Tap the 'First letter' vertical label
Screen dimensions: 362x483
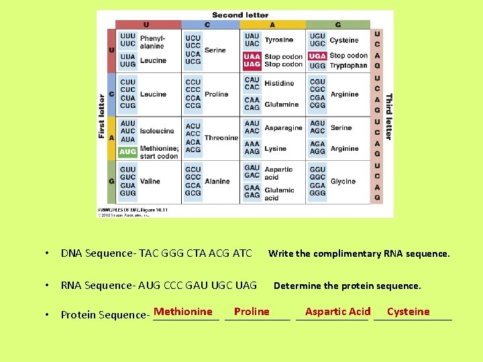tap(102, 116)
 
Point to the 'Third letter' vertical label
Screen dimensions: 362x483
tap(388, 116)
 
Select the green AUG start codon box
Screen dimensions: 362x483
tap(127, 152)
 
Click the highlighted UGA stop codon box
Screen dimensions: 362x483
tap(317, 56)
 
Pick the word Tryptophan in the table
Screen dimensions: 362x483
tap(348, 66)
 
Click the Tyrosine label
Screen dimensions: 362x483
tap(278, 40)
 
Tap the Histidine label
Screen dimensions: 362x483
tap(279, 84)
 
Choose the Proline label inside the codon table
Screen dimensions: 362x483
tap(216, 95)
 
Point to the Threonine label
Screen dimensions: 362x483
tap(221, 138)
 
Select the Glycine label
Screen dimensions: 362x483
tap(343, 182)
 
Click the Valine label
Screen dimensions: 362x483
tap(150, 182)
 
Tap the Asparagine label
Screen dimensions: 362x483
tap(283, 128)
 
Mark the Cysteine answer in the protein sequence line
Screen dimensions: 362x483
tap(408, 312)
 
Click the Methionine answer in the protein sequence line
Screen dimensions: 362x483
tap(182, 312)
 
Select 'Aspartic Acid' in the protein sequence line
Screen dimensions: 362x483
tap(337, 312)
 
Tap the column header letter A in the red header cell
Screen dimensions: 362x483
tap(272, 25)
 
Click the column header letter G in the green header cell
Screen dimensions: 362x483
tap(337, 25)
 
